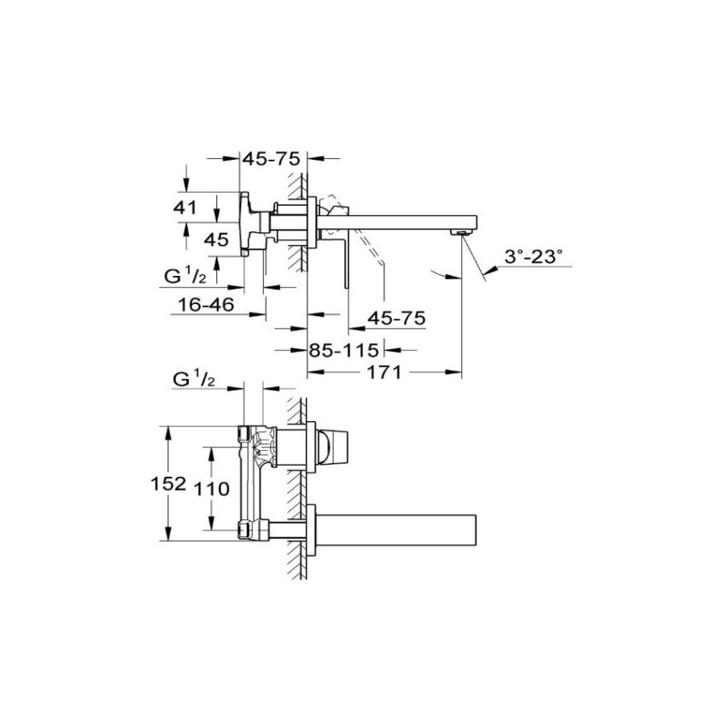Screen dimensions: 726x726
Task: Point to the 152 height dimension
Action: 173,484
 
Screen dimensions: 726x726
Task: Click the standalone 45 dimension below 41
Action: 215,240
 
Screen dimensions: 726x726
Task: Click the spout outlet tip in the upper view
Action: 461,231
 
